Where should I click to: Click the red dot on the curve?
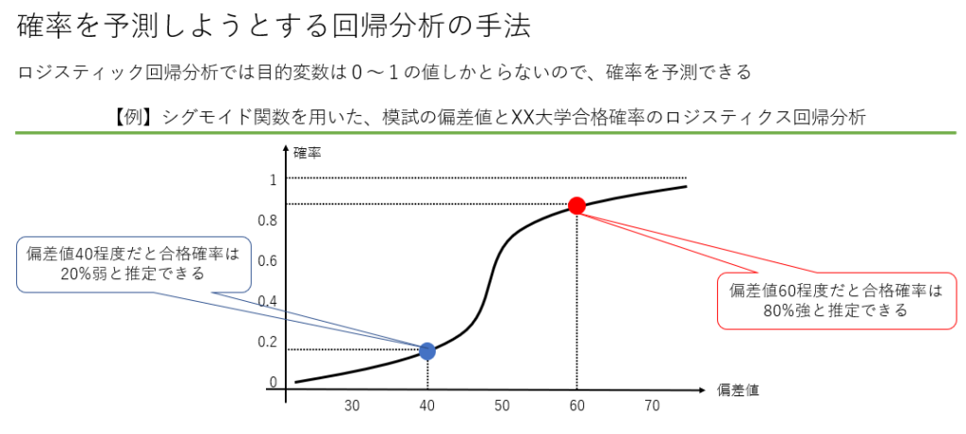577,206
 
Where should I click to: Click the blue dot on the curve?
427,351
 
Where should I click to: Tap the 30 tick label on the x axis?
352,407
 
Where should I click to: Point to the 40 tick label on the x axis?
427,407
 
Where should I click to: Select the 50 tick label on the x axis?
502,407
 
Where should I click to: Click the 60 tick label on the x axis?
576,407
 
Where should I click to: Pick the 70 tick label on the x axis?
652,407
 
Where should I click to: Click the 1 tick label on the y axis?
273,179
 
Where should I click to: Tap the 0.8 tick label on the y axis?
268,221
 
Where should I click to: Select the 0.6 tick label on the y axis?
268,261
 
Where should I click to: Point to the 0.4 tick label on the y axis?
268,302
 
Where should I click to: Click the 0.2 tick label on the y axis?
268,342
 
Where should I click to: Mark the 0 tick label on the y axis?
273,383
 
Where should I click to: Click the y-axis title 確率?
307,152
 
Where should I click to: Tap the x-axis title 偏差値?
739,389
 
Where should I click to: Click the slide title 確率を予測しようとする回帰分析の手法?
274,25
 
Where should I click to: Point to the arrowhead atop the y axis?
285,151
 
